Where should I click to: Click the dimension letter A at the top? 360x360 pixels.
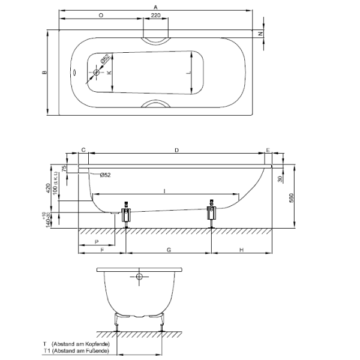[x=155, y=6]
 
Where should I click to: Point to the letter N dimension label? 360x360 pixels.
[x=260, y=34]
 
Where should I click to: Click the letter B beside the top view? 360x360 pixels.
[x=44, y=73]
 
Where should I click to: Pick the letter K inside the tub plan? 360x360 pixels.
[x=109, y=73]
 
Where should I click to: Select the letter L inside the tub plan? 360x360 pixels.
[x=188, y=73]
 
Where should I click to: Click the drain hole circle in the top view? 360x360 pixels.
[x=96, y=73]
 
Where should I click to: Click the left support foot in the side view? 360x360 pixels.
[x=126, y=215]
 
